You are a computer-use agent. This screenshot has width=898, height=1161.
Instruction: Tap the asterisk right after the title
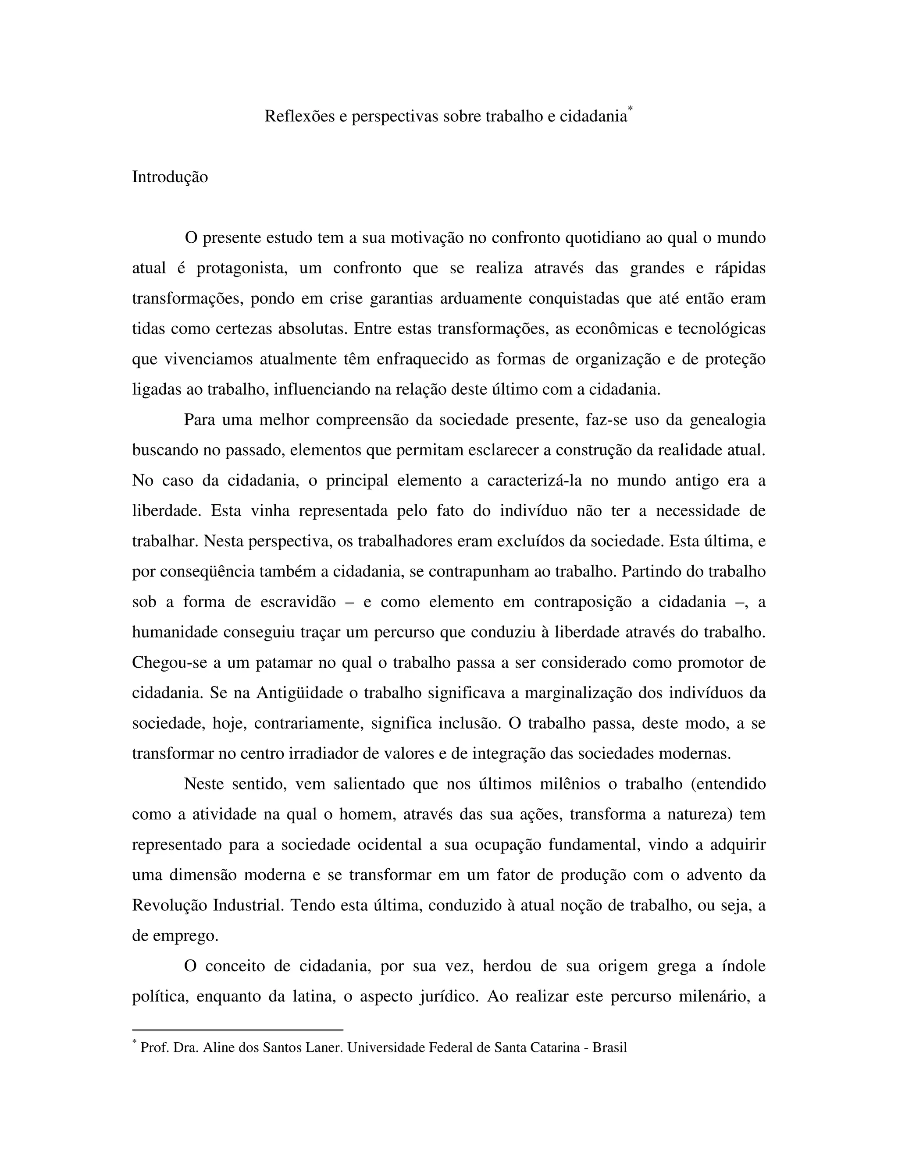click(x=631, y=110)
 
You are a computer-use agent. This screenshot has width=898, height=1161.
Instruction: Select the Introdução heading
click(x=170, y=177)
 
